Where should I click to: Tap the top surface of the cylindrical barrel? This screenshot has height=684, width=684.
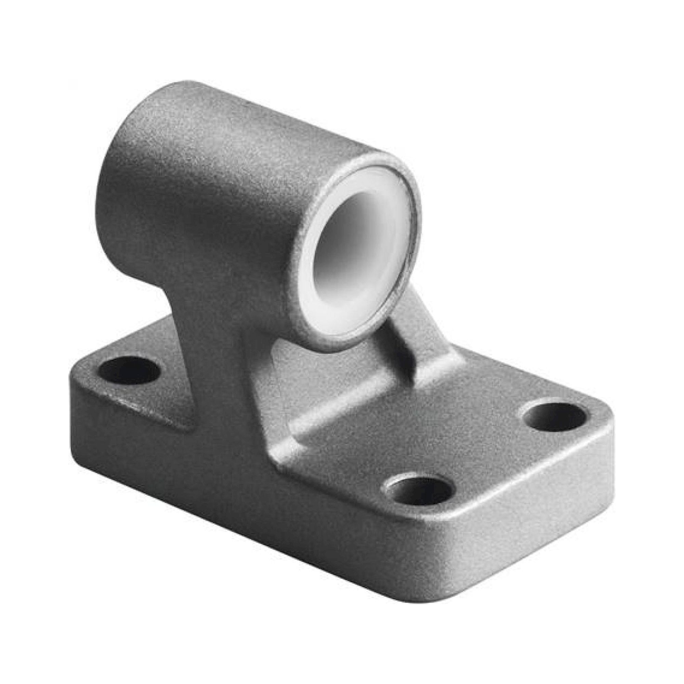(248, 117)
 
